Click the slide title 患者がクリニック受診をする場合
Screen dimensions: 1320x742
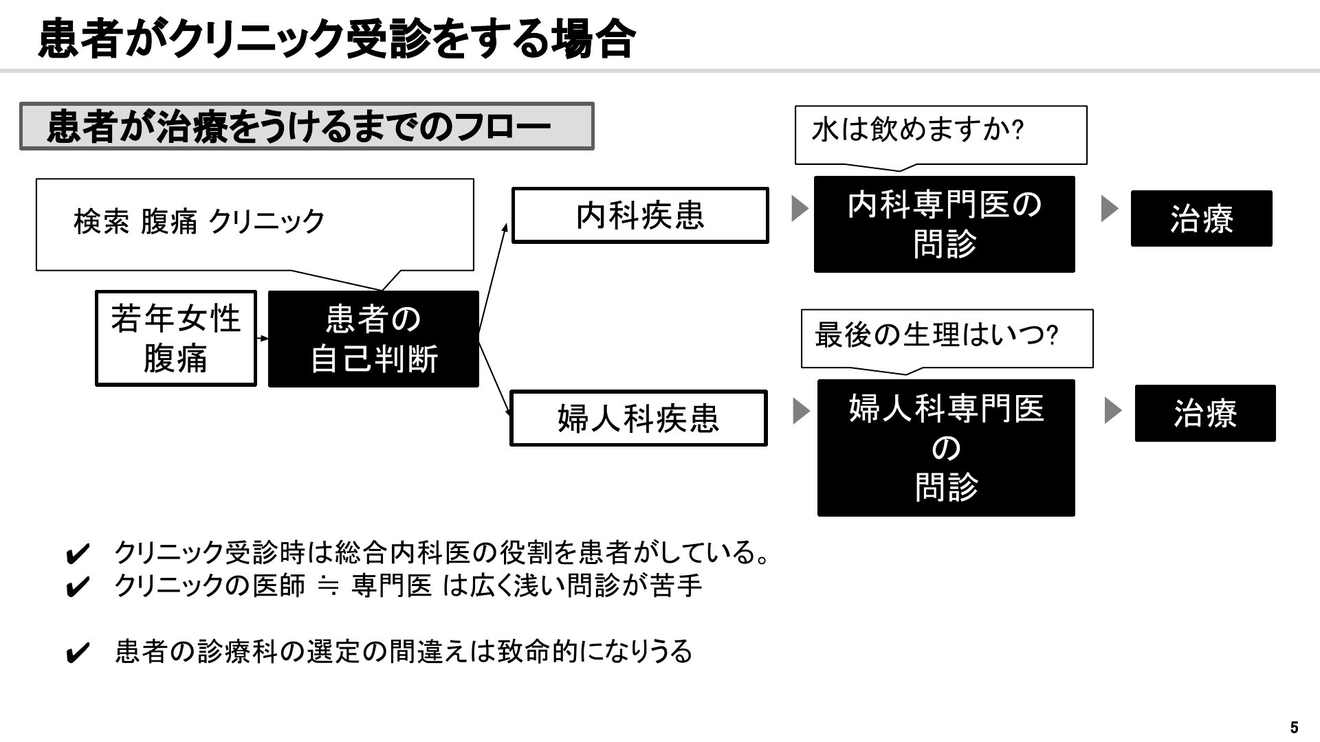pyautogui.click(x=336, y=38)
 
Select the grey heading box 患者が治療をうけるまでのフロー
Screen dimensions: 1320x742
pyautogui.click(x=307, y=126)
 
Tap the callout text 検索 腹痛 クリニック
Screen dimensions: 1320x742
pyautogui.click(x=199, y=221)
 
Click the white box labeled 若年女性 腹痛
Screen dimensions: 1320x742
pyautogui.click(x=176, y=338)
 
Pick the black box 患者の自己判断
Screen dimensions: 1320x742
pyautogui.click(x=373, y=339)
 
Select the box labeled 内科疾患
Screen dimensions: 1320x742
pyautogui.click(x=640, y=215)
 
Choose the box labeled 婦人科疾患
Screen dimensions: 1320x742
pyautogui.click(x=638, y=418)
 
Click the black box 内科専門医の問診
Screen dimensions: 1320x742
pyautogui.click(x=945, y=224)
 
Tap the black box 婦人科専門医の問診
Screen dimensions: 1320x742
pyautogui.click(x=946, y=448)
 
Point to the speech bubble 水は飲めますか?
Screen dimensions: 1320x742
pyautogui.click(x=940, y=135)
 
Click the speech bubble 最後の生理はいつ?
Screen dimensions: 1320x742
pyautogui.click(x=947, y=339)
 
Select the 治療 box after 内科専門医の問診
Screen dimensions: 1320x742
pyautogui.click(x=1202, y=218)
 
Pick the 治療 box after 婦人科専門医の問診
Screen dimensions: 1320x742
pyautogui.click(x=1205, y=413)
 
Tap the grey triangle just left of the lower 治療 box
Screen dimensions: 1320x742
pyautogui.click(x=1112, y=411)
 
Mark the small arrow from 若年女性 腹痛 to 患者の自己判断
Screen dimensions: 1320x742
pyautogui.click(x=262, y=338)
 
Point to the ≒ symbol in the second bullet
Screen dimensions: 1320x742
pyautogui.click(x=329, y=586)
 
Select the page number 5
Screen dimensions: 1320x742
pyautogui.click(x=1295, y=728)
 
